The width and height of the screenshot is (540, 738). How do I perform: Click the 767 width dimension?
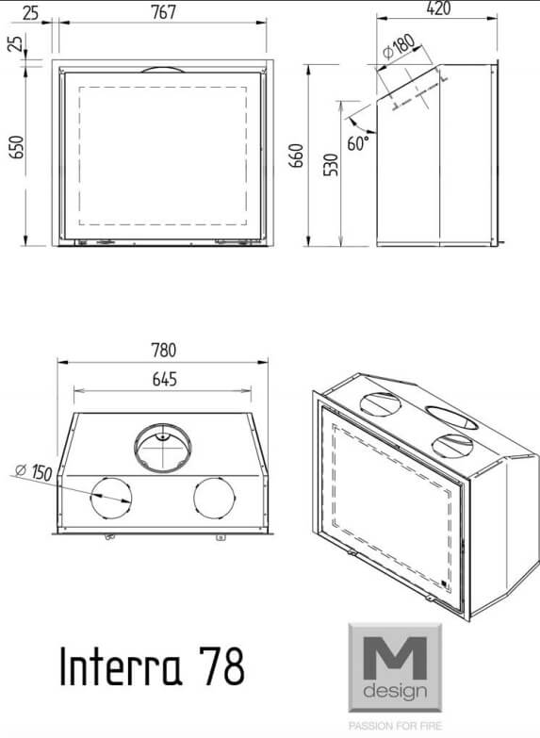pyautogui.click(x=163, y=11)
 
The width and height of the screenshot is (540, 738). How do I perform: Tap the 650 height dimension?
pyautogui.click(x=16, y=147)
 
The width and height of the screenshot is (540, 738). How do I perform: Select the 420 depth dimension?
pyautogui.click(x=438, y=8)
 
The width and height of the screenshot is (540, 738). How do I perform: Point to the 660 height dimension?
pyautogui.click(x=297, y=156)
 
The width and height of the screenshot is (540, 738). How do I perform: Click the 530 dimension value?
pyautogui.click(x=331, y=165)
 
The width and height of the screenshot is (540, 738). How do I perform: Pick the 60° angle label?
pyautogui.click(x=358, y=142)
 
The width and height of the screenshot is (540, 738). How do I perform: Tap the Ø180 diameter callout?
pyautogui.click(x=399, y=47)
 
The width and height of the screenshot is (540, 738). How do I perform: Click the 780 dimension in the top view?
pyautogui.click(x=163, y=350)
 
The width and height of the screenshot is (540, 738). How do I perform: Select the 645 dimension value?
pyautogui.click(x=164, y=378)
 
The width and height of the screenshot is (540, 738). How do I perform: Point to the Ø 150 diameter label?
pyautogui.click(x=33, y=471)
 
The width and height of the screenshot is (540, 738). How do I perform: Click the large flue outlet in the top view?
pyautogui.click(x=163, y=448)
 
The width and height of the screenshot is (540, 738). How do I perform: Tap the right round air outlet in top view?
pyautogui.click(x=214, y=499)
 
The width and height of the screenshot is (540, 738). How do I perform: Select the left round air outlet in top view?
pyautogui.click(x=111, y=499)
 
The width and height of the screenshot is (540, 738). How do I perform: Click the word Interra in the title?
pyautogui.click(x=121, y=665)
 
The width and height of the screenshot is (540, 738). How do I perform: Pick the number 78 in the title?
pyautogui.click(x=221, y=665)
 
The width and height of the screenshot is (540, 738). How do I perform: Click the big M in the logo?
pyautogui.click(x=395, y=658)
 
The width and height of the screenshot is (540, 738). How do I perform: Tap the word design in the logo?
pyautogui.click(x=395, y=692)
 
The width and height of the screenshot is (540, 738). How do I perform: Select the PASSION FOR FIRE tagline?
pyautogui.click(x=395, y=726)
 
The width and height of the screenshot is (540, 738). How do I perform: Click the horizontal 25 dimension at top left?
pyautogui.click(x=30, y=12)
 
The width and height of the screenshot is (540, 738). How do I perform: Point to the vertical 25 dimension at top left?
pyautogui.click(x=15, y=42)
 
